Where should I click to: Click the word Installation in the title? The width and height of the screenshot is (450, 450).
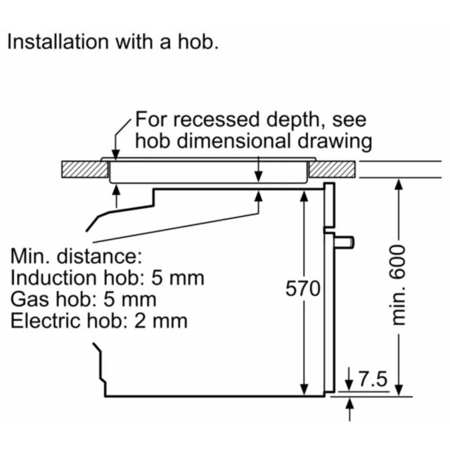click(58, 42)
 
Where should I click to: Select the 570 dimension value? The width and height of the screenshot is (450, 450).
click(303, 288)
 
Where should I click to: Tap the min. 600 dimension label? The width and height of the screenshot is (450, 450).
click(397, 285)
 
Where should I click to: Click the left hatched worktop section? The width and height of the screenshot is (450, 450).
click(85, 169)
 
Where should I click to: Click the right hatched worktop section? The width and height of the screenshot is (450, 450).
click(332, 169)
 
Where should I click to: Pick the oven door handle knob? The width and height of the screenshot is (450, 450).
click(344, 242)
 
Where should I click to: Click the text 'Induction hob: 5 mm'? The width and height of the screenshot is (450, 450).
click(108, 278)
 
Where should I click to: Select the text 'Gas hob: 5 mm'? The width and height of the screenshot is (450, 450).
click(83, 300)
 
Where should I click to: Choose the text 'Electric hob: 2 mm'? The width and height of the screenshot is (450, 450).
click(99, 321)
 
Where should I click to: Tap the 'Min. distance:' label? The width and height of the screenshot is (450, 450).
click(77, 256)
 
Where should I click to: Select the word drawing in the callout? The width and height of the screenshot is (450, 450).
click(335, 142)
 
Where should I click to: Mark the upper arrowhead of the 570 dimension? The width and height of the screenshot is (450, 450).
click(304, 197)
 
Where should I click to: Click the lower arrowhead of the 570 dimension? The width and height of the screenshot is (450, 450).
click(304, 389)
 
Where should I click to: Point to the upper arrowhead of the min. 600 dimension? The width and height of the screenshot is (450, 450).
click(399, 185)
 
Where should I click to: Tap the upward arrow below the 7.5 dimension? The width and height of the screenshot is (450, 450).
click(349, 409)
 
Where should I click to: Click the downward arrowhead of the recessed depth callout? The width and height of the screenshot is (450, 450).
click(115, 155)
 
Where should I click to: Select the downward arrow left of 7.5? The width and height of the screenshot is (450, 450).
click(349, 379)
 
